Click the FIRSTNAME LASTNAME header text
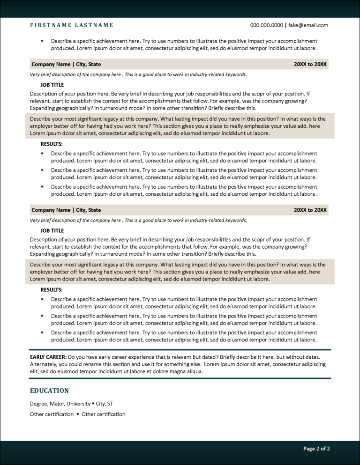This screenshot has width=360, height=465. (x=71, y=25)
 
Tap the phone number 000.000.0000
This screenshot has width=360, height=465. (x=266, y=25)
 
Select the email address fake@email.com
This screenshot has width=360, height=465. (x=308, y=25)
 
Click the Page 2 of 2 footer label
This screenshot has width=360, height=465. (x=316, y=449)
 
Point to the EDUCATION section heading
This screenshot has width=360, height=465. (x=49, y=391)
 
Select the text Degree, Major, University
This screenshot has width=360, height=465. (x=60, y=403)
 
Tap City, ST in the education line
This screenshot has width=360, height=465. (x=105, y=403)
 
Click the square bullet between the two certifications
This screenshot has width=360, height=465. (x=78, y=414)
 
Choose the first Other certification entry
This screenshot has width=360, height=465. (x=52, y=414)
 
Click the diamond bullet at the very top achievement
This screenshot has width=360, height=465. (x=43, y=41)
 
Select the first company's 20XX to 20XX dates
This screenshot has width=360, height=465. (x=310, y=64)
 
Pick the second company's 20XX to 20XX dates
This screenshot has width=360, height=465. (x=310, y=210)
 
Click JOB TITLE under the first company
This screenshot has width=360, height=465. (x=52, y=85)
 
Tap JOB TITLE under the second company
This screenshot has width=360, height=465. (x=52, y=231)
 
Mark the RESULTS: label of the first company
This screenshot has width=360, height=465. (x=52, y=144)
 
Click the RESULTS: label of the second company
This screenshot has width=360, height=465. (x=52, y=289)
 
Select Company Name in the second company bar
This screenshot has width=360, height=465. (x=50, y=210)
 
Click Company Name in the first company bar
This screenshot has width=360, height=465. (x=50, y=64)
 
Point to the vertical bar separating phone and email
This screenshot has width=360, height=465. (x=286, y=25)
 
